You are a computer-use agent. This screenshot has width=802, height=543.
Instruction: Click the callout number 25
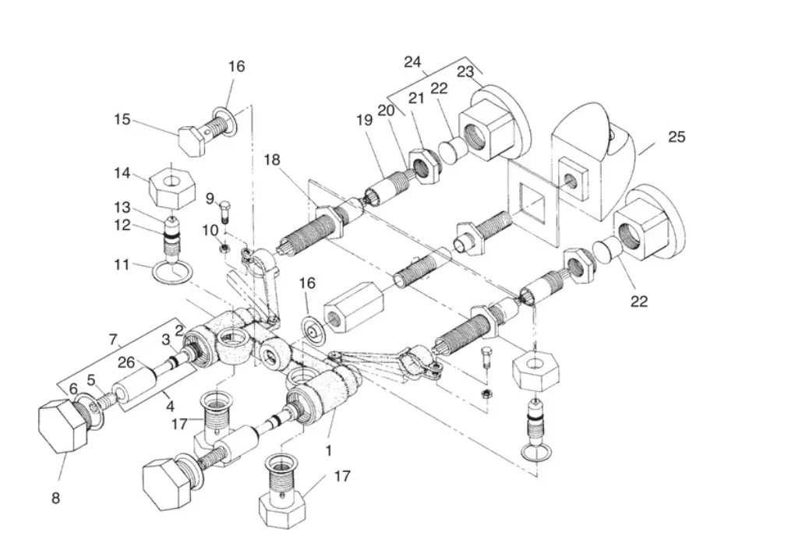pyautogui.click(x=677, y=137)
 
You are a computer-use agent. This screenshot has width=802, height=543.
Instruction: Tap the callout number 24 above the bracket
pyautogui.click(x=413, y=62)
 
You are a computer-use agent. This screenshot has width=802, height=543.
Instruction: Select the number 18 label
pyautogui.click(x=271, y=159)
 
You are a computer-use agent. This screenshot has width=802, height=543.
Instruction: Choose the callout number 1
pyautogui.click(x=329, y=450)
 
